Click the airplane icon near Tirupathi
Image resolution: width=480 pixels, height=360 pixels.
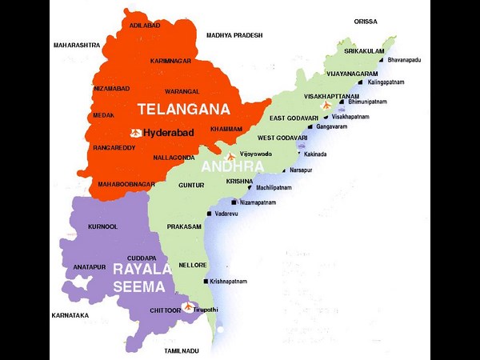click(x=188, y=306)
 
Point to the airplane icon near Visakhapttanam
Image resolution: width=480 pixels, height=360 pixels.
click(x=325, y=106)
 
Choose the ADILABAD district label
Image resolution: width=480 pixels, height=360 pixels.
click(x=145, y=26)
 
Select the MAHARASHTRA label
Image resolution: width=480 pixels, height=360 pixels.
click(x=77, y=46)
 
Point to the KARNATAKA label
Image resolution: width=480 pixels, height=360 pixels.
click(x=70, y=315)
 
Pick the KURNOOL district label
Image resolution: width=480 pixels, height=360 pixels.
click(x=102, y=226)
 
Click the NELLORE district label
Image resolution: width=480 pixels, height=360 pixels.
click(x=193, y=265)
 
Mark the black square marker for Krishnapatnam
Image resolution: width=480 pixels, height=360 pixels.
click(x=205, y=282)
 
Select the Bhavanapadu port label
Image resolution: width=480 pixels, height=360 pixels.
click(x=408, y=60)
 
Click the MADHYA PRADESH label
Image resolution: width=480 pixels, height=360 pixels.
click(x=234, y=35)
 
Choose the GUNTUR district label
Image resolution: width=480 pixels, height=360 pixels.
click(x=190, y=185)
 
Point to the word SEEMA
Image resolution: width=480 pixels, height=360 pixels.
click(x=139, y=286)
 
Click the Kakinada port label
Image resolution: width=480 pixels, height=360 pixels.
click(x=315, y=154)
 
